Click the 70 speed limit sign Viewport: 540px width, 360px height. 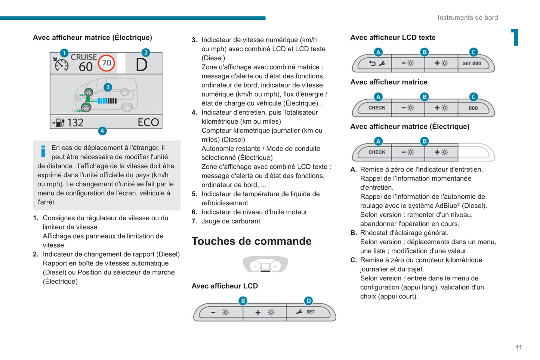click(x=107, y=63)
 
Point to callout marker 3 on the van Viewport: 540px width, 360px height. click(x=108, y=87)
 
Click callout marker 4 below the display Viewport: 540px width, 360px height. click(x=102, y=131)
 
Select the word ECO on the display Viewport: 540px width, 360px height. click(x=148, y=122)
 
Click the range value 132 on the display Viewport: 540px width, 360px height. click(x=75, y=122)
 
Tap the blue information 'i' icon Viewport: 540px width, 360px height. click(x=43, y=151)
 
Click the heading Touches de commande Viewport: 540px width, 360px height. click(x=252, y=241)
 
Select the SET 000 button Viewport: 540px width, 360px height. click(x=472, y=63)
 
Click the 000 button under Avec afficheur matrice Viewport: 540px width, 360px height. click(x=473, y=108)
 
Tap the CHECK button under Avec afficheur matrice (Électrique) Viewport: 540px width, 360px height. click(x=376, y=152)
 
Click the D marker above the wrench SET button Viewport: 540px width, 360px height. click(x=308, y=301)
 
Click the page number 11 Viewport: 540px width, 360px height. click(x=519, y=347)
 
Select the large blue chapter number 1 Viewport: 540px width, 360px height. click(x=515, y=37)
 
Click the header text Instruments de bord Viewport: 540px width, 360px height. click(x=468, y=18)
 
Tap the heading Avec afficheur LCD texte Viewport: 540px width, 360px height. click(x=393, y=37)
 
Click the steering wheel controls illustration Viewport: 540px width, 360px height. click(x=265, y=264)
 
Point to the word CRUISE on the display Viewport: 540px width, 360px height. click(x=84, y=57)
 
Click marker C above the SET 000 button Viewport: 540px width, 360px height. click(x=473, y=52)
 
